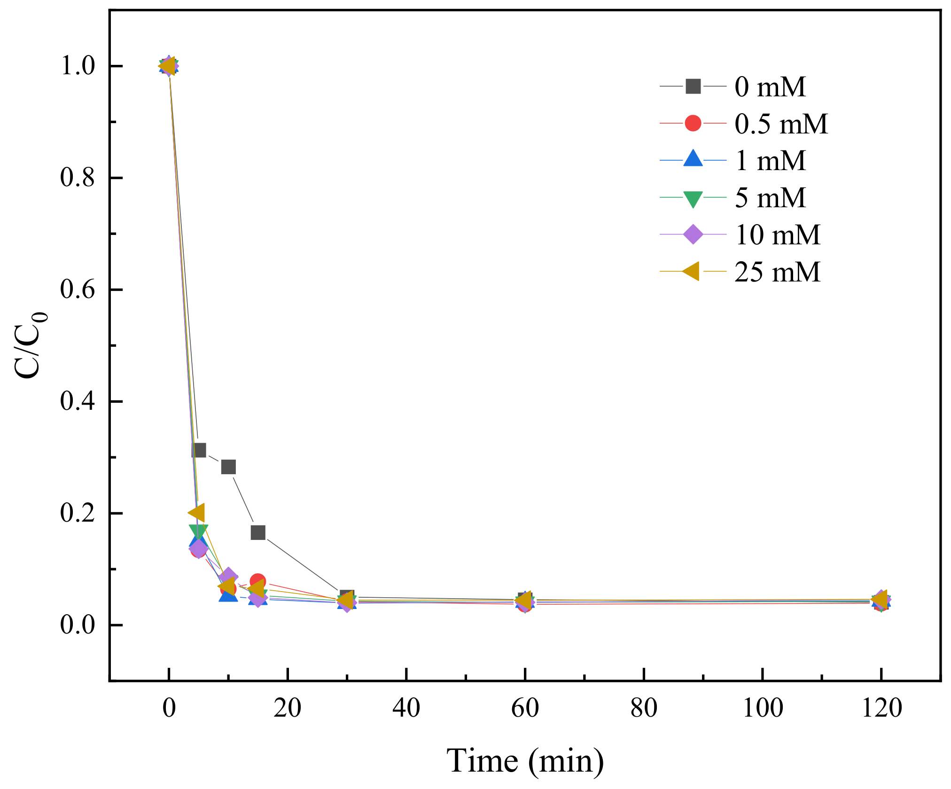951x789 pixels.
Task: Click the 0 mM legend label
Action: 770,87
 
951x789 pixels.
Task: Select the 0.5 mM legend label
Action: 780,124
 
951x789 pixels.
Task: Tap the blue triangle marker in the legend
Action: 693,159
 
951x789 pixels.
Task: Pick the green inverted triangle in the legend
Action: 693,199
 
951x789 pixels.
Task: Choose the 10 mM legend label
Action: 777,235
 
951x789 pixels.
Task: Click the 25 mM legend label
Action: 777,272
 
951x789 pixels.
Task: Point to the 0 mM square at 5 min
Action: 199,450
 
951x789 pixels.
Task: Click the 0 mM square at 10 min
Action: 228,467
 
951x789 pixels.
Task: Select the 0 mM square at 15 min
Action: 258,532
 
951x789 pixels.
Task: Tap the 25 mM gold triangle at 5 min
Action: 197,513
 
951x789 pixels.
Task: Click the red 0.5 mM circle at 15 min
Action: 257,581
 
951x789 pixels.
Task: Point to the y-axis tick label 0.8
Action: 78,178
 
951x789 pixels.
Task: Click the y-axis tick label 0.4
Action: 78,401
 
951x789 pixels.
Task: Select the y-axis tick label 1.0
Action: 78,66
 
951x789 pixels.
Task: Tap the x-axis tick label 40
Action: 406,708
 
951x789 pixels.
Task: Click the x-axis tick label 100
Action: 762,708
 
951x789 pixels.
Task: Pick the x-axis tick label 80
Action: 644,708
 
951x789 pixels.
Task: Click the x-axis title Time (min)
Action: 525,760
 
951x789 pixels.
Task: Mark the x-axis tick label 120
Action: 881,708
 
